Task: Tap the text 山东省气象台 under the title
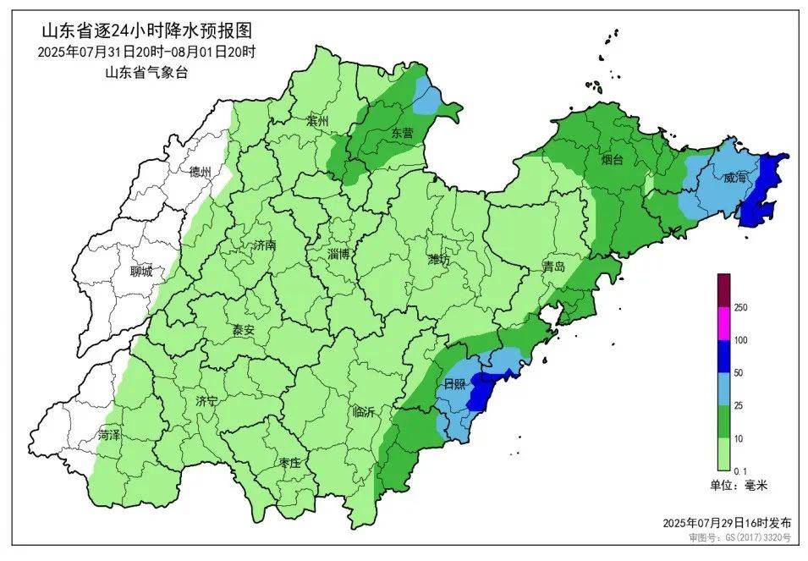[146, 72]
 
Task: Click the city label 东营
[402, 134]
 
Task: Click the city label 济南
[264, 246]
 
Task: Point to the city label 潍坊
[438, 259]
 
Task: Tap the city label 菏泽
[108, 434]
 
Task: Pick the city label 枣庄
[289, 462]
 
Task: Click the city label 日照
[455, 385]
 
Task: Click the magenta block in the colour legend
[723, 323]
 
